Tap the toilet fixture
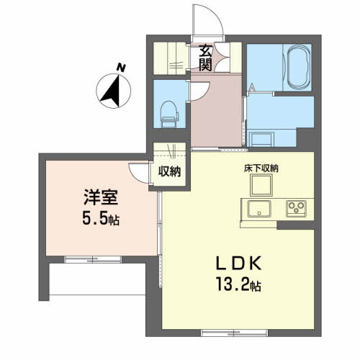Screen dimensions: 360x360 (169, 114)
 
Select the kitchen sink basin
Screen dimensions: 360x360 (259, 209)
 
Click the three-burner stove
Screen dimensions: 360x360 (297, 208)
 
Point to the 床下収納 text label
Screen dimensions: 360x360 (261, 168)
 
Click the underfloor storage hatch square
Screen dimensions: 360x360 (261, 185)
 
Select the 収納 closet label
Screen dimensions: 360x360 (169, 171)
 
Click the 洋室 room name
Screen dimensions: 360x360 (101, 197)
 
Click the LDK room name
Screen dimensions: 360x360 (238, 264)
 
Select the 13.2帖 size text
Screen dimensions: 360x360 (238, 284)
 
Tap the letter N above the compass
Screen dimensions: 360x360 (121, 68)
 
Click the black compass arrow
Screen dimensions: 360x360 (110, 91)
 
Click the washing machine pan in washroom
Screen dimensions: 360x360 (261, 140)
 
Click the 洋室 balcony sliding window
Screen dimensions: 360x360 (93, 259)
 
